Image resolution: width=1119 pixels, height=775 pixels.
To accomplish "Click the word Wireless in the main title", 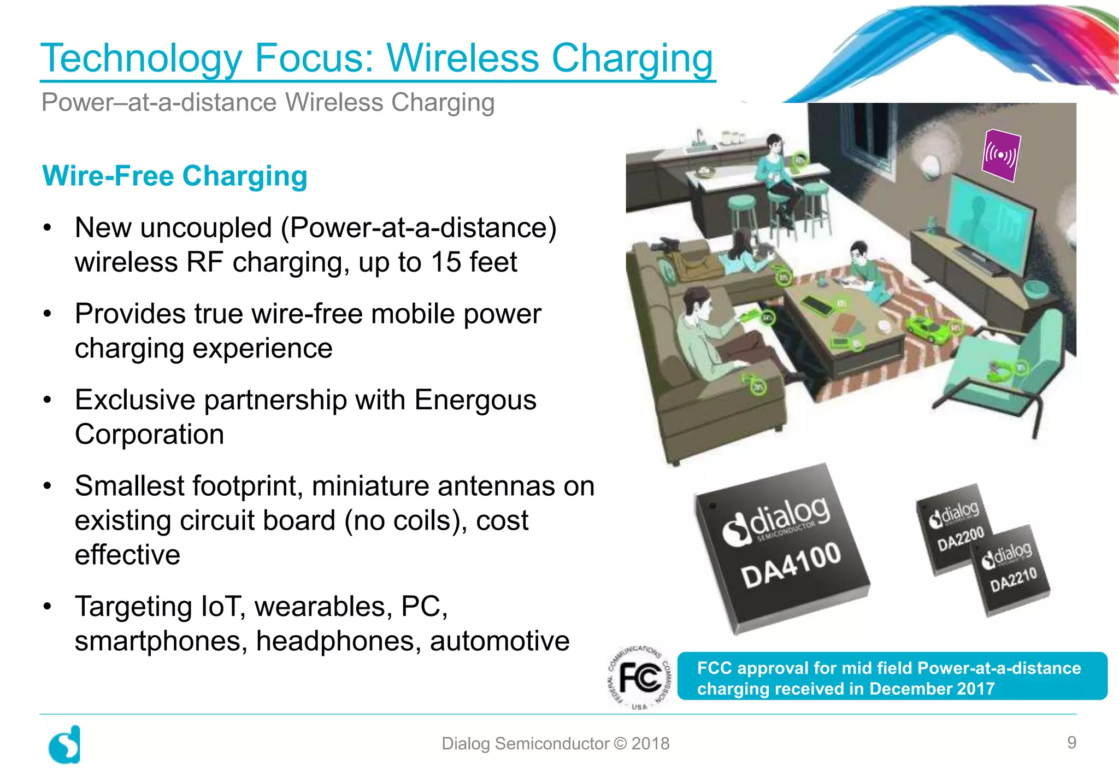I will [463, 58].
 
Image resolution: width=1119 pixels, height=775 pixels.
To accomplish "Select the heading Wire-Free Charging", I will [175, 176].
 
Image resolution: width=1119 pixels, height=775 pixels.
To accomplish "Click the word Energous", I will [475, 400].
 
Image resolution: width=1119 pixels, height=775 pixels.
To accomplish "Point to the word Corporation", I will [149, 435].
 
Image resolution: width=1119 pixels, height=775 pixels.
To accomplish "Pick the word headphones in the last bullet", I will [339, 641].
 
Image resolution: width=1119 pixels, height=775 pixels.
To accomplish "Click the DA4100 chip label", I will [791, 564].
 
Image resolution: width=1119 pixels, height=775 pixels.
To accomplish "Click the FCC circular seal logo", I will [639, 678].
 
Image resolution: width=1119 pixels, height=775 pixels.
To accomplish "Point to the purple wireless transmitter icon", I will [1000, 155].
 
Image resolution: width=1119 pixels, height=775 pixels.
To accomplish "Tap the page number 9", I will [1071, 742].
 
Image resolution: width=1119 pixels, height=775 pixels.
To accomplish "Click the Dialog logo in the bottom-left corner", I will [65, 744].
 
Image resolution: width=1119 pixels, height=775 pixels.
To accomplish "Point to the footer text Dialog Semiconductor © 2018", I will [555, 743].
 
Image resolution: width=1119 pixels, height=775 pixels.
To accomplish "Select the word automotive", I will [499, 641].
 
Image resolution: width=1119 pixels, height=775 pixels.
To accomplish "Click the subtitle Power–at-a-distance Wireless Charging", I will [268, 103].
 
